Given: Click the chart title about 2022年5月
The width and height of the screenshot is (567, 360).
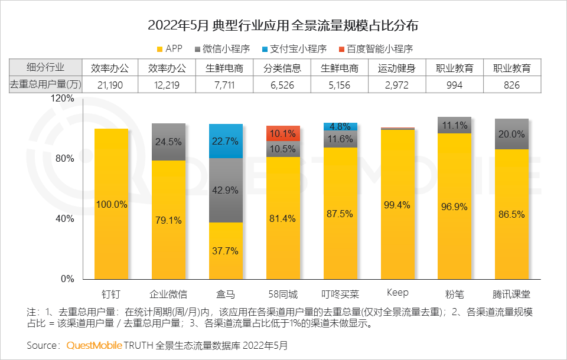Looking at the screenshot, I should (x=283, y=25).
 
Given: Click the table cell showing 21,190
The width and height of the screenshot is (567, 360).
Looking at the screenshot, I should (x=110, y=85).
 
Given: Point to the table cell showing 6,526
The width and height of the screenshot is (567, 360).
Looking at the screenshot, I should (x=282, y=85).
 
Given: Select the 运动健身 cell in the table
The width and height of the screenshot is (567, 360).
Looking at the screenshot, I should (x=397, y=68).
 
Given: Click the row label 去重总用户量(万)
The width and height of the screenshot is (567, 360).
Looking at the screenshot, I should (x=45, y=85).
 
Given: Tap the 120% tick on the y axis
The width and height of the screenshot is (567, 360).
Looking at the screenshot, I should (x=62, y=99).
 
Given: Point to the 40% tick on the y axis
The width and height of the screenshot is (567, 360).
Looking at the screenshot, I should (x=64, y=219).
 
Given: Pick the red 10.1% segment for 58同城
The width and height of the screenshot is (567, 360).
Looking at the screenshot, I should (x=283, y=134).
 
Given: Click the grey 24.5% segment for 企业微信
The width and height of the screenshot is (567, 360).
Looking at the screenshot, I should (x=169, y=142).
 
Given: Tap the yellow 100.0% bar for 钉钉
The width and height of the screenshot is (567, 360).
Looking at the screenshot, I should (x=112, y=204).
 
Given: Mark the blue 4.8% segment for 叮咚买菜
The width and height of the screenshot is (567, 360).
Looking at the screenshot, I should (x=340, y=126).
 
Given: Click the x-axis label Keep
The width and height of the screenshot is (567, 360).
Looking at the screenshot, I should (x=397, y=293).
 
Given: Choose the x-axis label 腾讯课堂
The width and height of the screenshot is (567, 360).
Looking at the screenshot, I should (x=511, y=293).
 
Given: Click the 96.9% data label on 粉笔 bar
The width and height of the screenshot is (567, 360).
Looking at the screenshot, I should (x=454, y=207).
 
